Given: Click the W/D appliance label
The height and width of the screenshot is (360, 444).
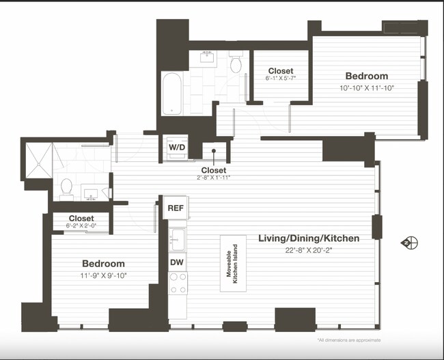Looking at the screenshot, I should [x=176, y=146].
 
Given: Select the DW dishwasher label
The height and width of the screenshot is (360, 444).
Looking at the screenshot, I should [x=177, y=262].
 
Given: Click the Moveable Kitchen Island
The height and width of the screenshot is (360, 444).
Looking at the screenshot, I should [x=233, y=263].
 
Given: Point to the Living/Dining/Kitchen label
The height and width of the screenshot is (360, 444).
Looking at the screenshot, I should [x=308, y=238].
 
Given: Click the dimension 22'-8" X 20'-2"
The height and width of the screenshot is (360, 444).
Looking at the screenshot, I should [x=308, y=250].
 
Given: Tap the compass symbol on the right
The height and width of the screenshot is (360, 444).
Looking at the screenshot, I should [x=410, y=243].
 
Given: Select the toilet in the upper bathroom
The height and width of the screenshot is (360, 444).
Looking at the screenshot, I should [x=236, y=64].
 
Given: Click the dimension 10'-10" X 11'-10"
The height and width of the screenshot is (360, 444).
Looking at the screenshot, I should [x=366, y=87].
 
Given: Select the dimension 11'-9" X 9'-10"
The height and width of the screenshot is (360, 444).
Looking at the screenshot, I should [x=104, y=275].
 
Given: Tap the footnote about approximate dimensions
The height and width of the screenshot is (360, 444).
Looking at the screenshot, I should [x=348, y=340].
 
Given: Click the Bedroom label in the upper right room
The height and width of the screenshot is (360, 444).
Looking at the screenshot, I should [x=366, y=76].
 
